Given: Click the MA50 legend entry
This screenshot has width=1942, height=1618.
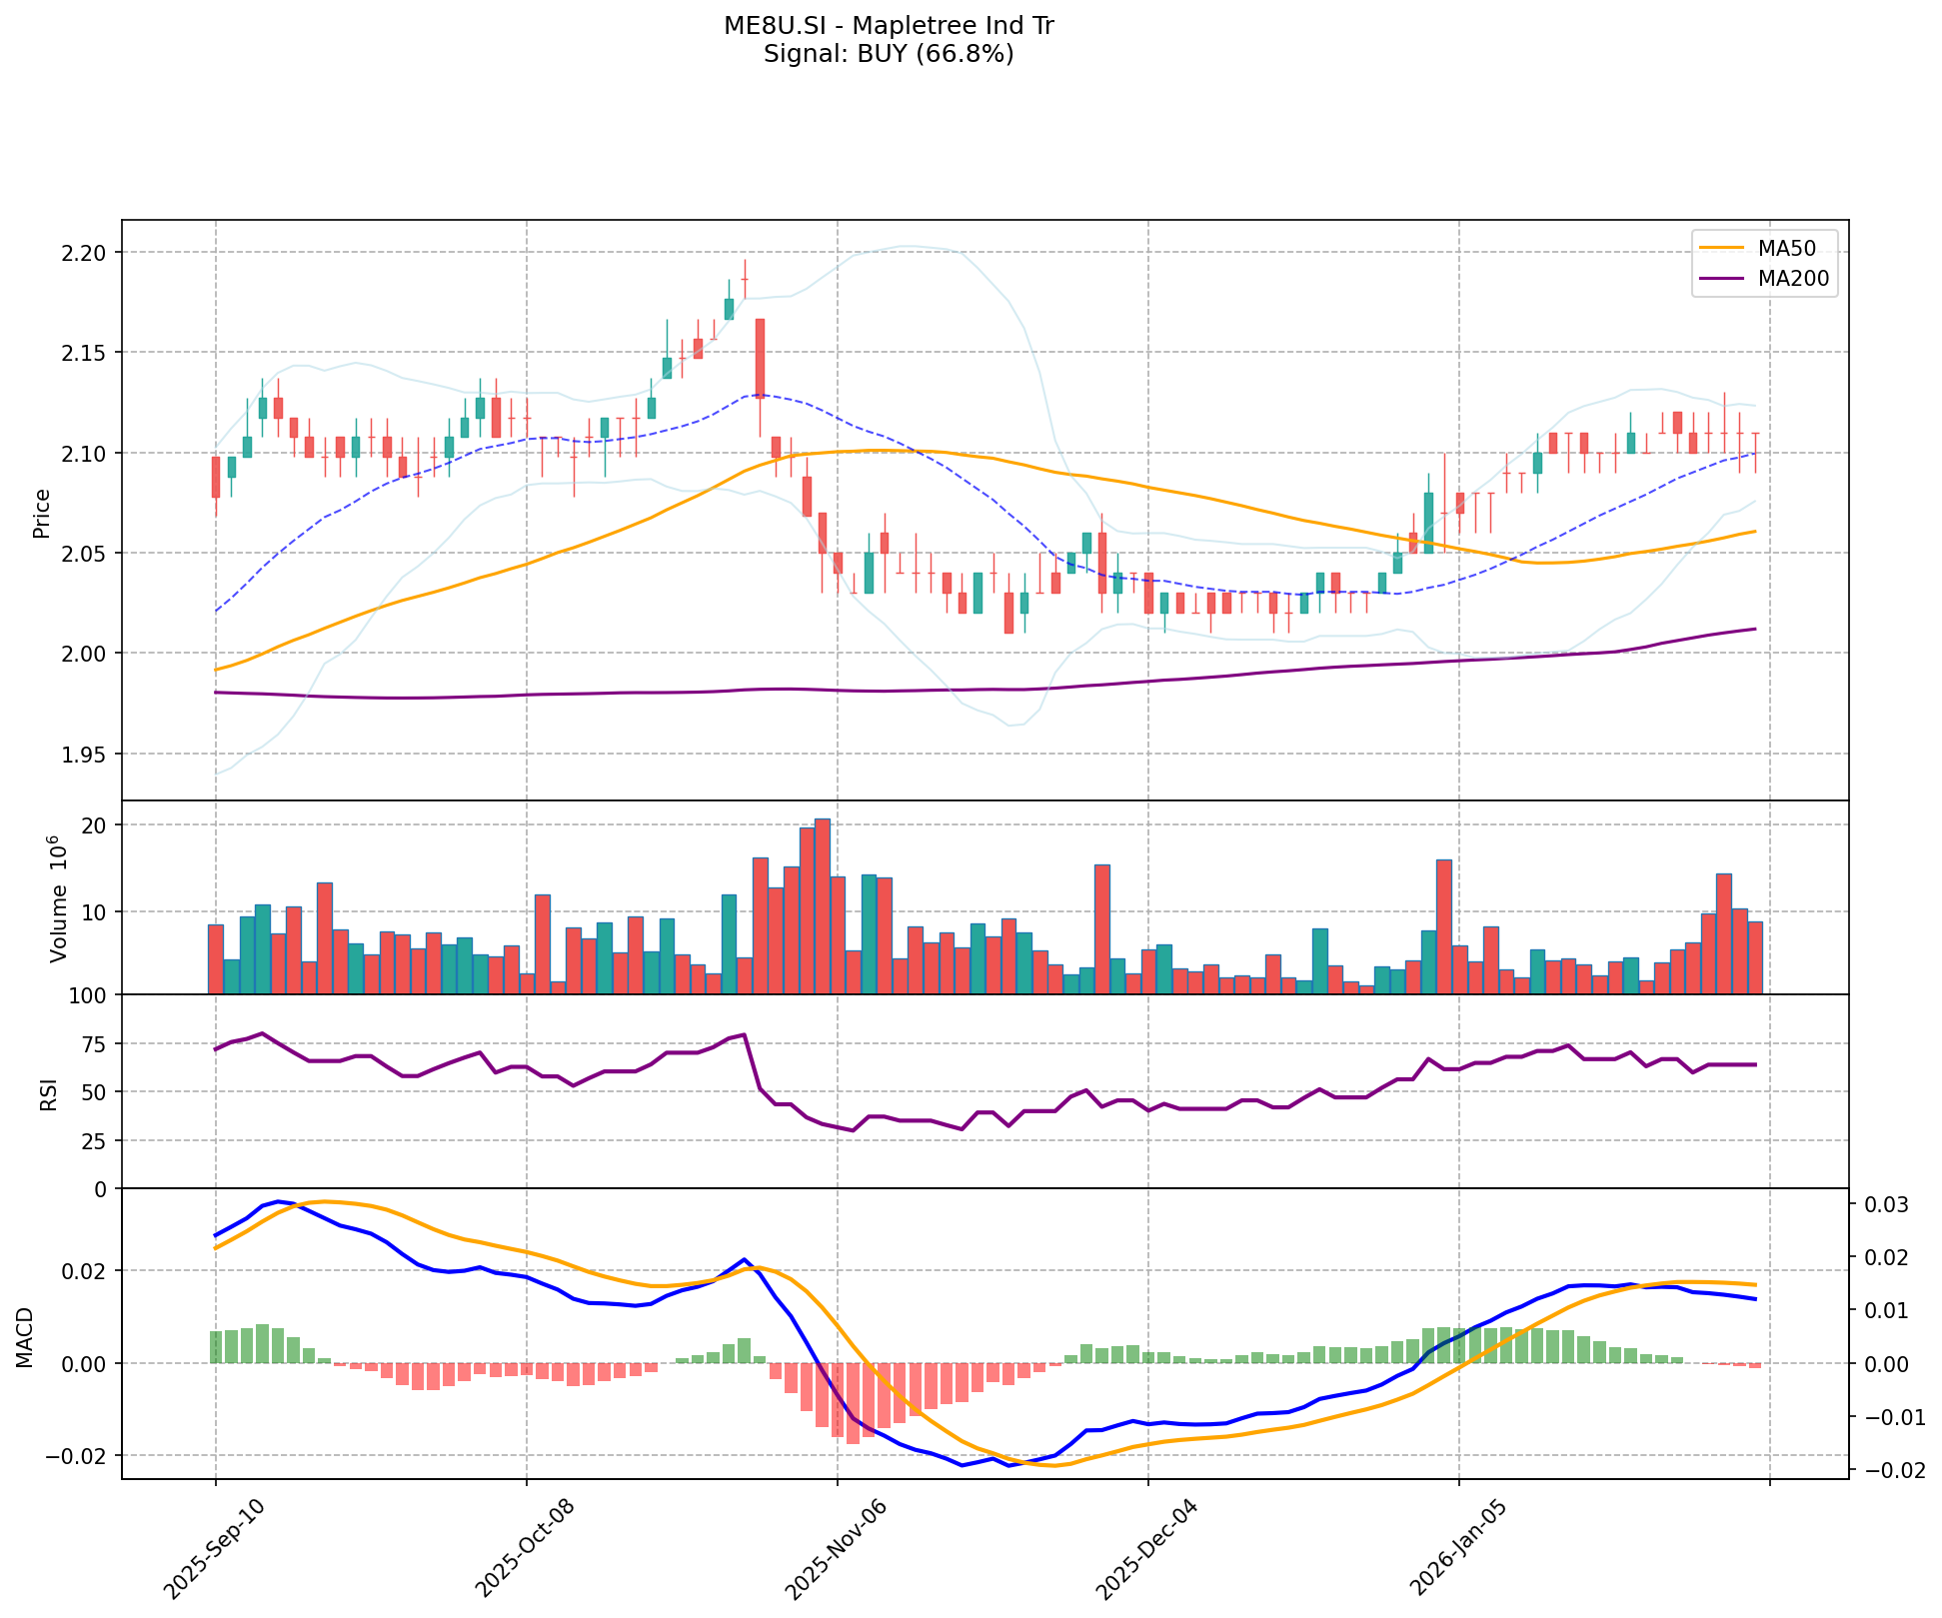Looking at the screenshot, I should pyautogui.click(x=1785, y=245).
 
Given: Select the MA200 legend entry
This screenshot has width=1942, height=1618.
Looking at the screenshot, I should pyautogui.click(x=1793, y=279).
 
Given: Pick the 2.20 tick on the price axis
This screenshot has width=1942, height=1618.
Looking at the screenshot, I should pyautogui.click(x=84, y=253).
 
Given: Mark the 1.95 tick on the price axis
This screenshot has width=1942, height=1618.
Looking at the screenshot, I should pyautogui.click(x=84, y=755).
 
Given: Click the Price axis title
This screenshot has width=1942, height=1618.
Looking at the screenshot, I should pyautogui.click(x=42, y=513).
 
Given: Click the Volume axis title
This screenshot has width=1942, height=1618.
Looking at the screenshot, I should pyautogui.click(x=58, y=897).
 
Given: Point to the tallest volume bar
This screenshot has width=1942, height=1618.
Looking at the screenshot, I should pyautogui.click(x=822, y=905).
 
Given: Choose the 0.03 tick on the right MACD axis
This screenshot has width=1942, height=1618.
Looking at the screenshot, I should pyautogui.click(x=1882, y=1205).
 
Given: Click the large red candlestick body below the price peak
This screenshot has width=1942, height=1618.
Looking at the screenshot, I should pyautogui.click(x=760, y=358).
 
